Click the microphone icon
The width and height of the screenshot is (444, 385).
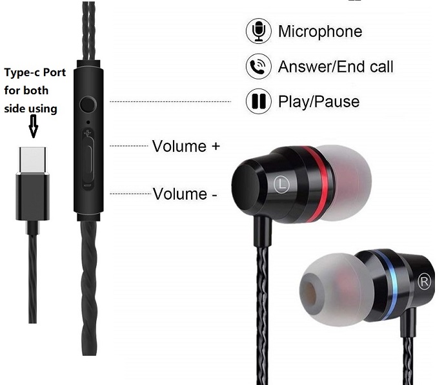(258, 31)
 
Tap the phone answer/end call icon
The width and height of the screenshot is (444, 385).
(258, 66)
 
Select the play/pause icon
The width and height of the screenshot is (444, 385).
(258, 101)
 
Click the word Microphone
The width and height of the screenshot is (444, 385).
(320, 31)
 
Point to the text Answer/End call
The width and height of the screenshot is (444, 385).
(336, 66)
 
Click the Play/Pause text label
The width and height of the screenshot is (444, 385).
(319, 101)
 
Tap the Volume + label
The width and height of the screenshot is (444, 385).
(186, 146)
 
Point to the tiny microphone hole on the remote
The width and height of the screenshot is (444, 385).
(88, 121)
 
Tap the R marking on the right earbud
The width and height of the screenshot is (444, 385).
(424, 281)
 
